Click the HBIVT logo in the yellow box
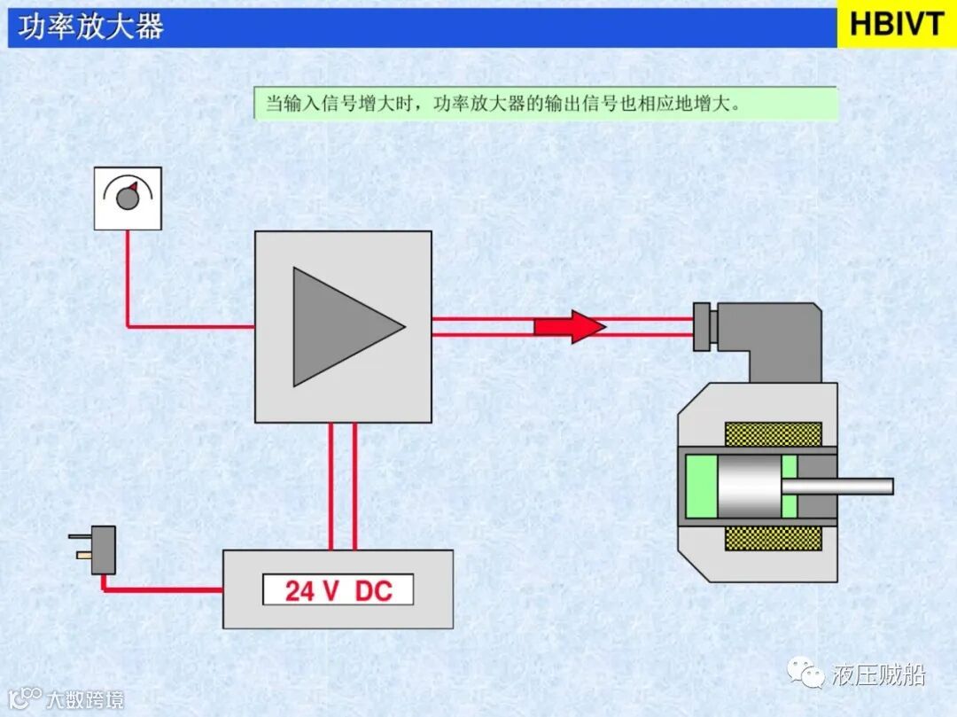[x=897, y=25]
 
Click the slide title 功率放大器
[x=91, y=27]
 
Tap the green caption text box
[x=545, y=103]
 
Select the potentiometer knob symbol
[x=128, y=197]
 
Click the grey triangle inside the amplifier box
[x=341, y=326]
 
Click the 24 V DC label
[x=338, y=590]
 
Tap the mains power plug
[x=99, y=549]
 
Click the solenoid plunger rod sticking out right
[x=846, y=486]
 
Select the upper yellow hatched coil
[x=773, y=434]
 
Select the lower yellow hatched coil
[x=773, y=538]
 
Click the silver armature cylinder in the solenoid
[x=748, y=486]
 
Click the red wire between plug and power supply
[x=159, y=588]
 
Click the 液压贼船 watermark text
[x=878, y=675]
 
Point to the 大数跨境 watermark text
[x=85, y=699]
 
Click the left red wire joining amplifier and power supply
[x=331, y=486]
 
